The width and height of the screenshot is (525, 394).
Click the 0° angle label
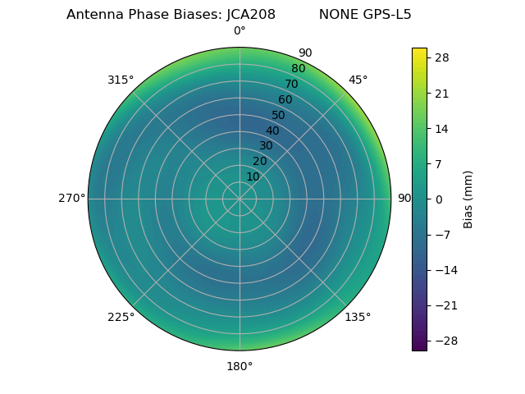240,31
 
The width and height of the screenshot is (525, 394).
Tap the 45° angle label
358,80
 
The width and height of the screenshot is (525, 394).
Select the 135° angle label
358,317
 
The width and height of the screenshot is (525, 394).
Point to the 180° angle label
240,366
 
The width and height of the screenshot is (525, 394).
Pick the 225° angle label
121,317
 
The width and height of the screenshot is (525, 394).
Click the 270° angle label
72,198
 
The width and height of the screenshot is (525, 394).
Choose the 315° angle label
121,80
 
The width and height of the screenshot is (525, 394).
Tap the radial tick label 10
253,176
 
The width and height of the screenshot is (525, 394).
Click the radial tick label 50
279,115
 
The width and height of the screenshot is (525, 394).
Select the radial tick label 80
299,68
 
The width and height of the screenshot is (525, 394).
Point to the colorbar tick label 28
442,57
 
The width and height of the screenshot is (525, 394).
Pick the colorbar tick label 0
439,199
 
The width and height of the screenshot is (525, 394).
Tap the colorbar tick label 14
442,128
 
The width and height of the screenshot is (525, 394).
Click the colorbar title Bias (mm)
468,199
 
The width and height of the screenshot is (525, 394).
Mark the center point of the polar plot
240,199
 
